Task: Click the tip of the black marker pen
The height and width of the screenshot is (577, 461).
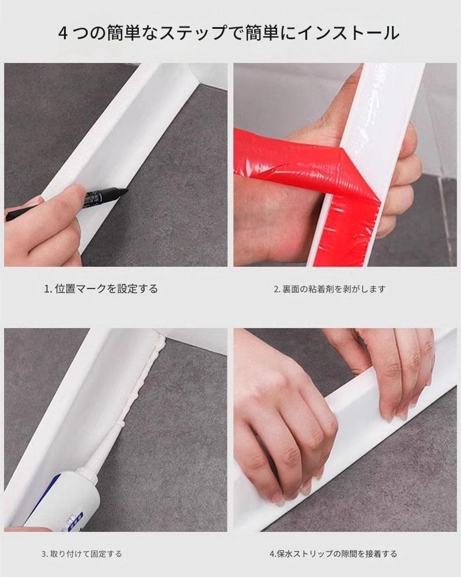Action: point(127,190)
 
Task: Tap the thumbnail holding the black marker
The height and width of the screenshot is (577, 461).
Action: point(116,165)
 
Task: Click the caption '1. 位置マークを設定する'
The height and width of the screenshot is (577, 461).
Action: point(101,289)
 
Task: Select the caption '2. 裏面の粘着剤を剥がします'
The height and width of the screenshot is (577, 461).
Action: point(330,289)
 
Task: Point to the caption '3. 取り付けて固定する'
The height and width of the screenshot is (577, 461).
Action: point(82,554)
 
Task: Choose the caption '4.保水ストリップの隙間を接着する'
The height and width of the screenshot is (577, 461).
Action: point(333,554)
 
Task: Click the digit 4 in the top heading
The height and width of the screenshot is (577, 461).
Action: point(63,33)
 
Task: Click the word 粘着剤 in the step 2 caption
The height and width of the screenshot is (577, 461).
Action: point(320,289)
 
